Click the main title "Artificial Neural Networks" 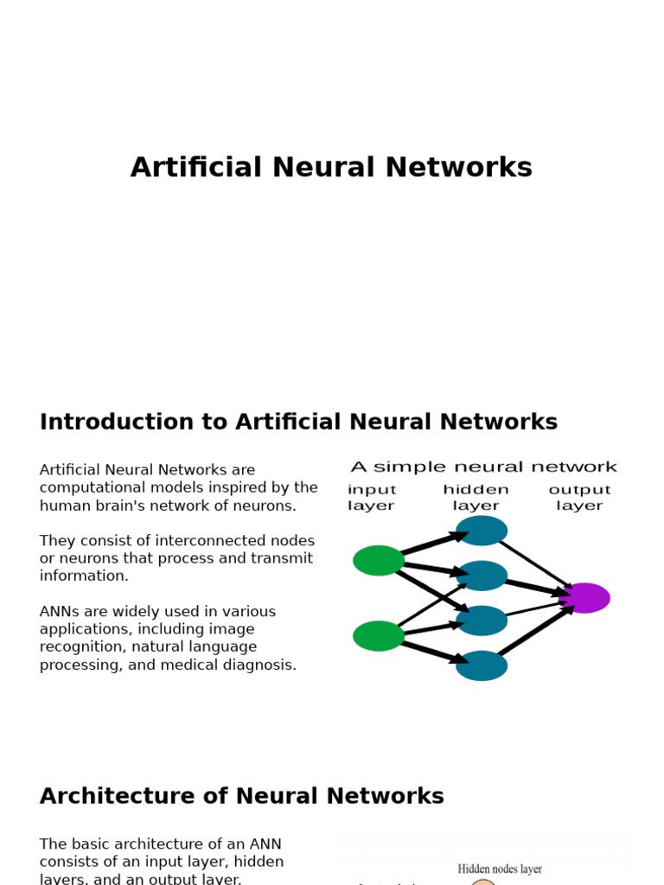(x=331, y=168)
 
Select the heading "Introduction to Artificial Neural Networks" (x=298, y=423)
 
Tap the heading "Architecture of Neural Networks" (x=242, y=797)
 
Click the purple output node (x=585, y=598)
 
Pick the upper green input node (x=379, y=560)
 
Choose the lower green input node (x=379, y=636)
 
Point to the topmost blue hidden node (x=482, y=531)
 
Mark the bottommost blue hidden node (x=482, y=665)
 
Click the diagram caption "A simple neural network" (x=483, y=468)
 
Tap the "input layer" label (x=372, y=498)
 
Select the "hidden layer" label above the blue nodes (x=476, y=498)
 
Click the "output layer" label (x=579, y=498)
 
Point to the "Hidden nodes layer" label (x=500, y=869)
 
